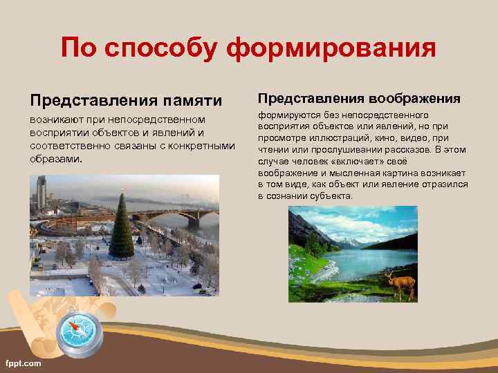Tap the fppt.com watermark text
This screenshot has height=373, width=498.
tap(23, 363)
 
